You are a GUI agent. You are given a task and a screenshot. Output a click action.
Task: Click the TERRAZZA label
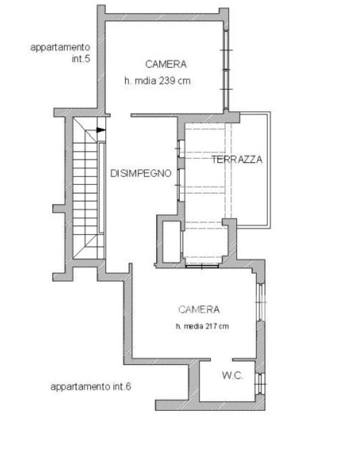pos(237,159)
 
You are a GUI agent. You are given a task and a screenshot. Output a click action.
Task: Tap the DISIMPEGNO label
pos(141,173)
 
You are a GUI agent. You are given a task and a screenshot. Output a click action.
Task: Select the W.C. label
pos(232,375)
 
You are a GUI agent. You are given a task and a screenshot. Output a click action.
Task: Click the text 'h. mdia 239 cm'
pos(157,80)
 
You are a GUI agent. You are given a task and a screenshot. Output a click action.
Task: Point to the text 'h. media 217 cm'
pos(202,326)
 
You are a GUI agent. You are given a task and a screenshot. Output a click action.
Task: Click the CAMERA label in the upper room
pos(165,64)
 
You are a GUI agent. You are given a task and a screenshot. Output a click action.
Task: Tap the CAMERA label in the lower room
pos(199,310)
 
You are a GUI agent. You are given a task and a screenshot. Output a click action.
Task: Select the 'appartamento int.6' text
pos(91,387)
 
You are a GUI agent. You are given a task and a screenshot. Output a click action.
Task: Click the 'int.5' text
pos(81,59)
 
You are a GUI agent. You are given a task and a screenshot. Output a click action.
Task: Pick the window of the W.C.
pos(260,384)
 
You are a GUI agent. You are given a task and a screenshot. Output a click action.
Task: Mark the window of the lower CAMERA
pos(261,302)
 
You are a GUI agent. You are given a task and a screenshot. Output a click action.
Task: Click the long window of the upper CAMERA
pos(226,70)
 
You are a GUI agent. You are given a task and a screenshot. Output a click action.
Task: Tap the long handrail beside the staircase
pos(102,187)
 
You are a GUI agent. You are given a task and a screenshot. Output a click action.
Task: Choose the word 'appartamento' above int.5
pos(60,48)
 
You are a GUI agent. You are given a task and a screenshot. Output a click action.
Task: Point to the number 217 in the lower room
pos(212,326)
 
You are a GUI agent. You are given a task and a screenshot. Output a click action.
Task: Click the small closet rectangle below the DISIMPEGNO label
pos(172,242)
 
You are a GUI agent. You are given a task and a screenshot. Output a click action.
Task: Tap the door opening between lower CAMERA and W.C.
pos(222,360)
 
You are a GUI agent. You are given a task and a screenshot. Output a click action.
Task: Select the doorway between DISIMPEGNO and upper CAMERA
pos(120,115)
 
